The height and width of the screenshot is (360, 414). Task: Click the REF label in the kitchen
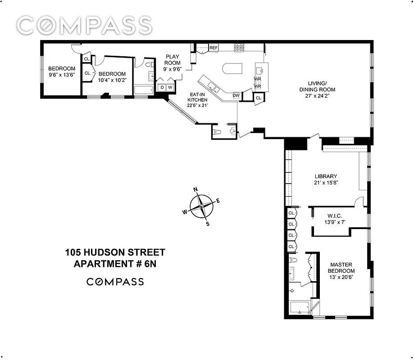tap(213, 48)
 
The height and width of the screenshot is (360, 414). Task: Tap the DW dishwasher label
tap(236, 95)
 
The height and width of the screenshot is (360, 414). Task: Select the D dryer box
tap(162, 87)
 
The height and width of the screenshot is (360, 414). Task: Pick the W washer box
tap(170, 87)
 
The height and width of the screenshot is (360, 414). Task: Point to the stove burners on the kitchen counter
tap(237, 47)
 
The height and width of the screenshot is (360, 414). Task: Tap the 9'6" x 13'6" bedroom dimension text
tap(62, 75)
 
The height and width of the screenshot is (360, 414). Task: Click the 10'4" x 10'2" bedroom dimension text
tap(112, 80)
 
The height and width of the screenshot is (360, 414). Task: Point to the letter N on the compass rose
tap(196, 189)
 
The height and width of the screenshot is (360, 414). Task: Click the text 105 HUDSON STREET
tap(115, 252)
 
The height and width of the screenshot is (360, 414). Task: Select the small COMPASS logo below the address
tap(115, 282)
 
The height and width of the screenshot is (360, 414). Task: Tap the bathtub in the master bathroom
tap(299, 309)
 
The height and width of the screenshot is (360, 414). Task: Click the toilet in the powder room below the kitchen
tap(217, 132)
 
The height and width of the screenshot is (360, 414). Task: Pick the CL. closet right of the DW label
tap(259, 98)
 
